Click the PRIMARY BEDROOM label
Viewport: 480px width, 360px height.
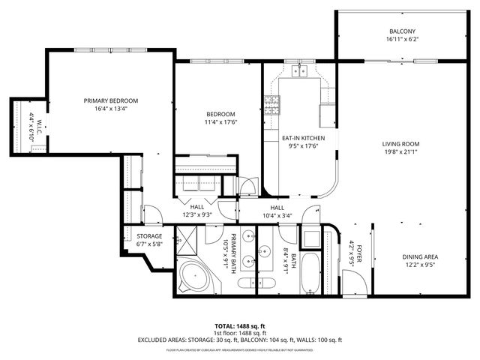point(110,100)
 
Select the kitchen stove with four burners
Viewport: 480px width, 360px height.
point(271,106)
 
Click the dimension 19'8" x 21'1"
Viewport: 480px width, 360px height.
point(400,153)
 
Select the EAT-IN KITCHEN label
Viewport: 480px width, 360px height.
point(303,139)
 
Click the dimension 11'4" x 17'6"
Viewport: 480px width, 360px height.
point(220,123)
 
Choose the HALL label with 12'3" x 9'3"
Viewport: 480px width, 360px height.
point(197,206)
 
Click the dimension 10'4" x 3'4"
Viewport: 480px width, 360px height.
point(277,216)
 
